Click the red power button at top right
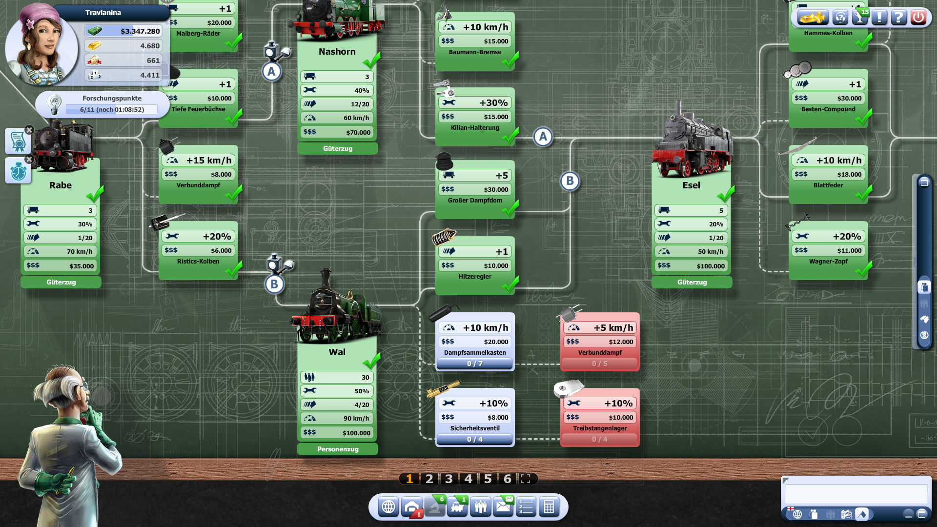[918, 18]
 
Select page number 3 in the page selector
[449, 479]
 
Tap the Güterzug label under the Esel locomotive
[692, 282]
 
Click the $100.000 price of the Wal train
[356, 433]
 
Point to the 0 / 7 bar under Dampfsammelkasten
[474, 364]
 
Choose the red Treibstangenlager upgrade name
[600, 428]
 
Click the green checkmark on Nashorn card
[372, 61]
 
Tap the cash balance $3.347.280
[140, 31]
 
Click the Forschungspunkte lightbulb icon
[54, 104]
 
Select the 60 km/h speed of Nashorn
[356, 118]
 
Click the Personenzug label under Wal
[338, 449]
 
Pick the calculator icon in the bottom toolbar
[549, 507]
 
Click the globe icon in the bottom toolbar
[388, 507]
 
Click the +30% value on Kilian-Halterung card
[493, 103]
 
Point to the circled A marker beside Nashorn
[271, 72]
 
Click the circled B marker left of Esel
[570, 181]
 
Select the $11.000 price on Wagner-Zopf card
[849, 250]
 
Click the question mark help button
[898, 18]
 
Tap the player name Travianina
[103, 13]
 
